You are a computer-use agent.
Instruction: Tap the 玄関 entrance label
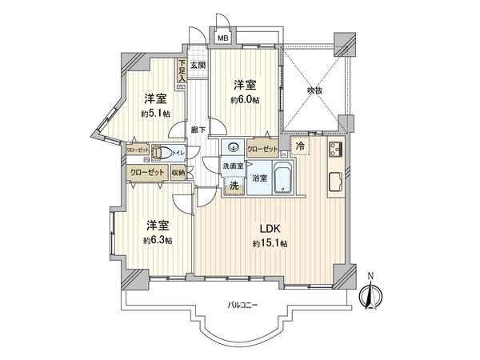198,65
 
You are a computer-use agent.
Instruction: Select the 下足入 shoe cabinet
182,71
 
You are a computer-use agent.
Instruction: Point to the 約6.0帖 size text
245,100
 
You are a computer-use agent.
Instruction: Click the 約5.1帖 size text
155,114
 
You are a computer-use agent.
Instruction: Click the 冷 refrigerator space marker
299,147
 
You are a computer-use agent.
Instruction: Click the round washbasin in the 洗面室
233,146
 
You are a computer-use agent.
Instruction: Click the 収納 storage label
178,172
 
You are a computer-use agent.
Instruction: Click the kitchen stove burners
336,148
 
